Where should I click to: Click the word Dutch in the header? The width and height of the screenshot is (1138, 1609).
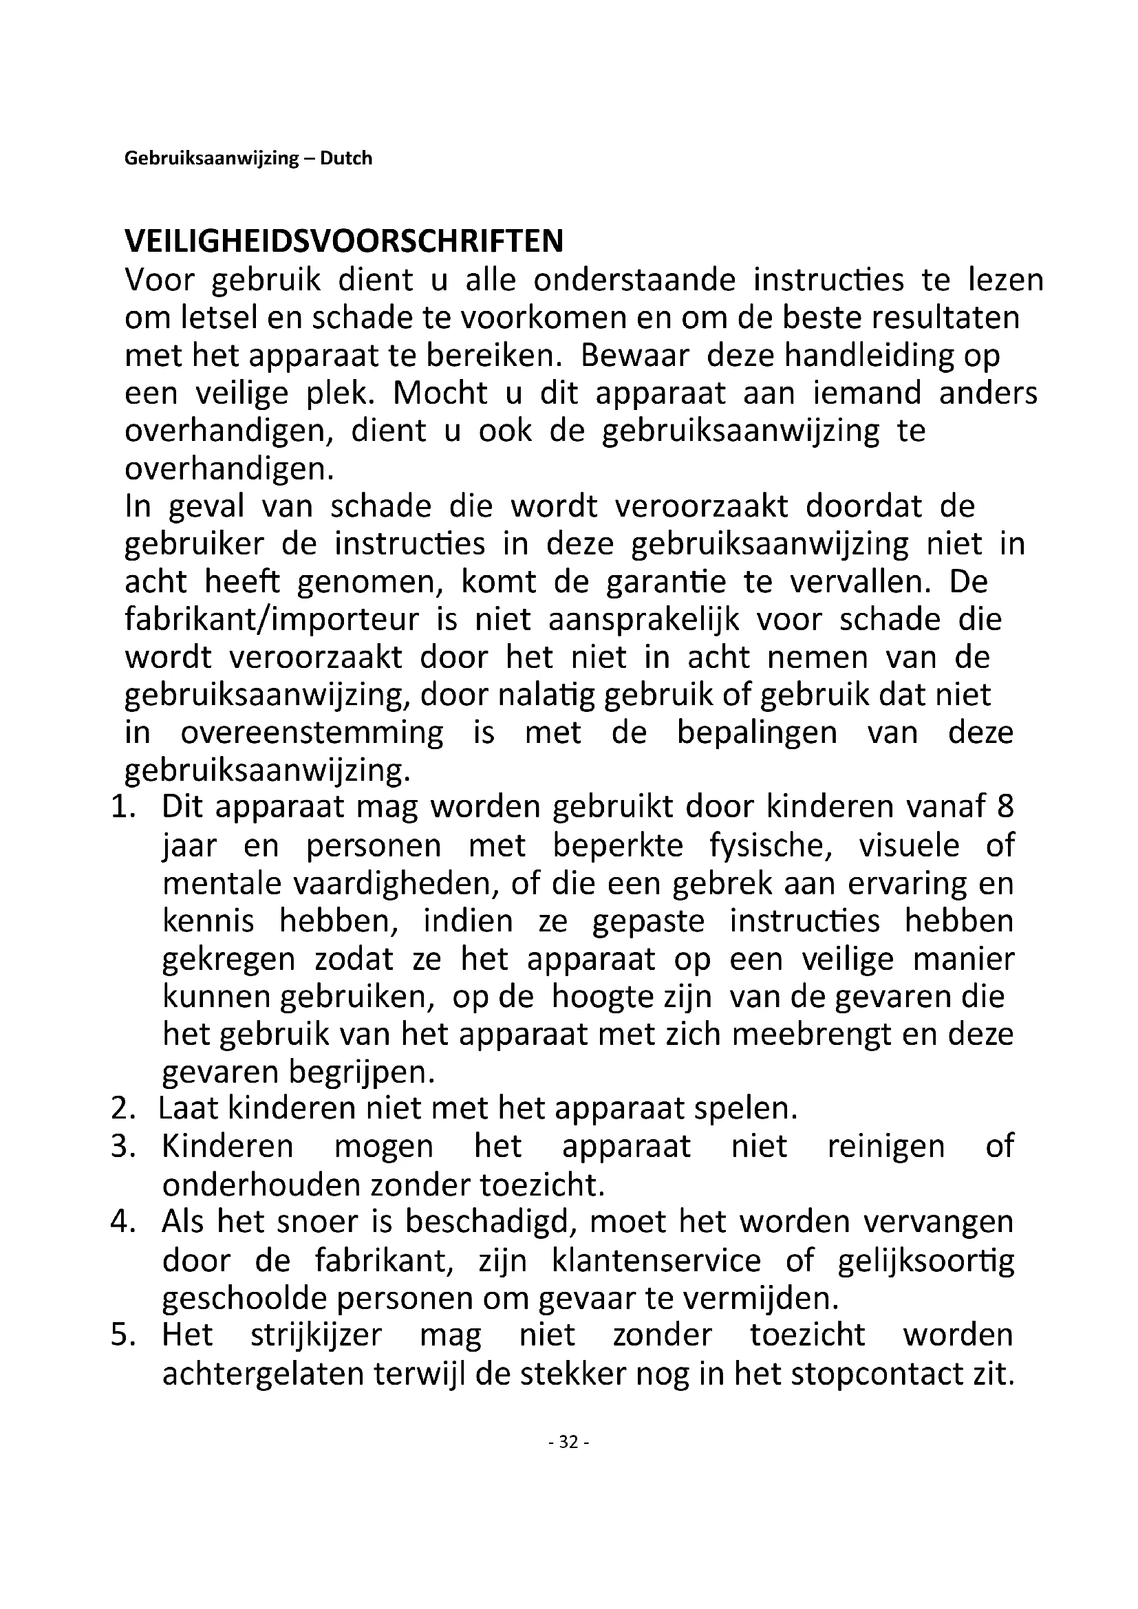click(346, 158)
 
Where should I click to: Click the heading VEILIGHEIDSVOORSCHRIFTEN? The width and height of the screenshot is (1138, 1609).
click(343, 241)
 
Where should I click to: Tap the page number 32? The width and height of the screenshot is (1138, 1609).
click(568, 1442)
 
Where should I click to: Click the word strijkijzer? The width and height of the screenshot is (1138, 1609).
click(316, 1335)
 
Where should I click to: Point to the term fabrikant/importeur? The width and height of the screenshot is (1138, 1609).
click(272, 620)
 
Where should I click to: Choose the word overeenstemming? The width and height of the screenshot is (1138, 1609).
click(312, 733)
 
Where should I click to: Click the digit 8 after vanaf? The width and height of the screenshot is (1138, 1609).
click(1005, 808)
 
